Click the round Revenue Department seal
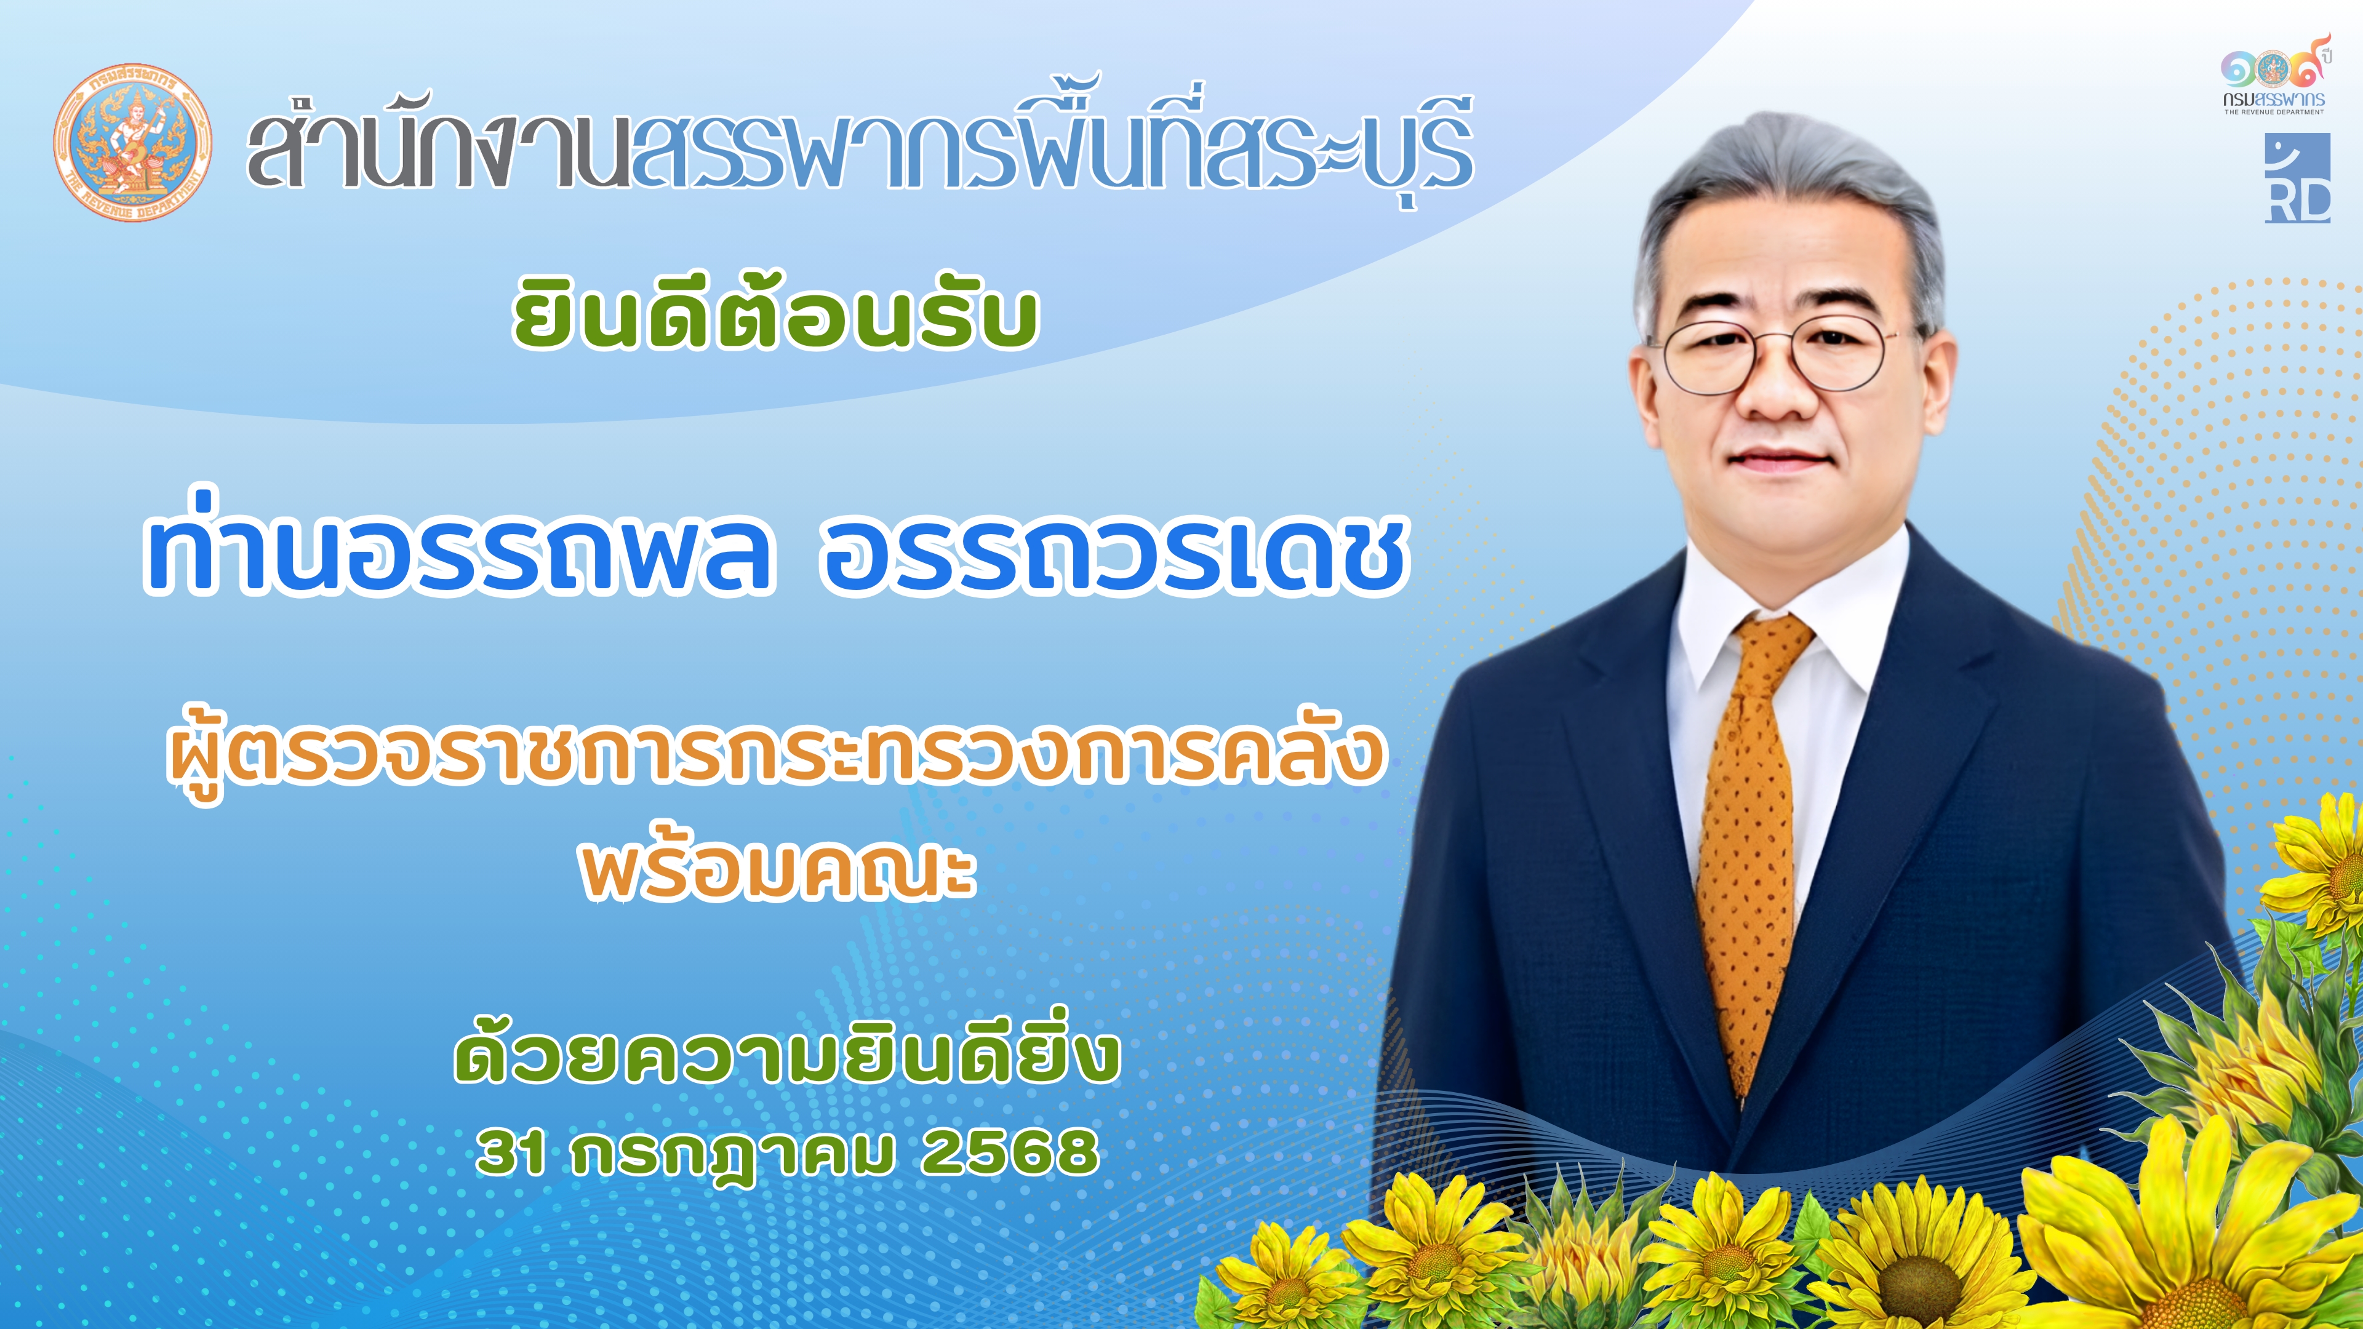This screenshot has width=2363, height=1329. pyautogui.click(x=133, y=142)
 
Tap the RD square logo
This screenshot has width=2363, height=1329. pyautogui.click(x=2297, y=178)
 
